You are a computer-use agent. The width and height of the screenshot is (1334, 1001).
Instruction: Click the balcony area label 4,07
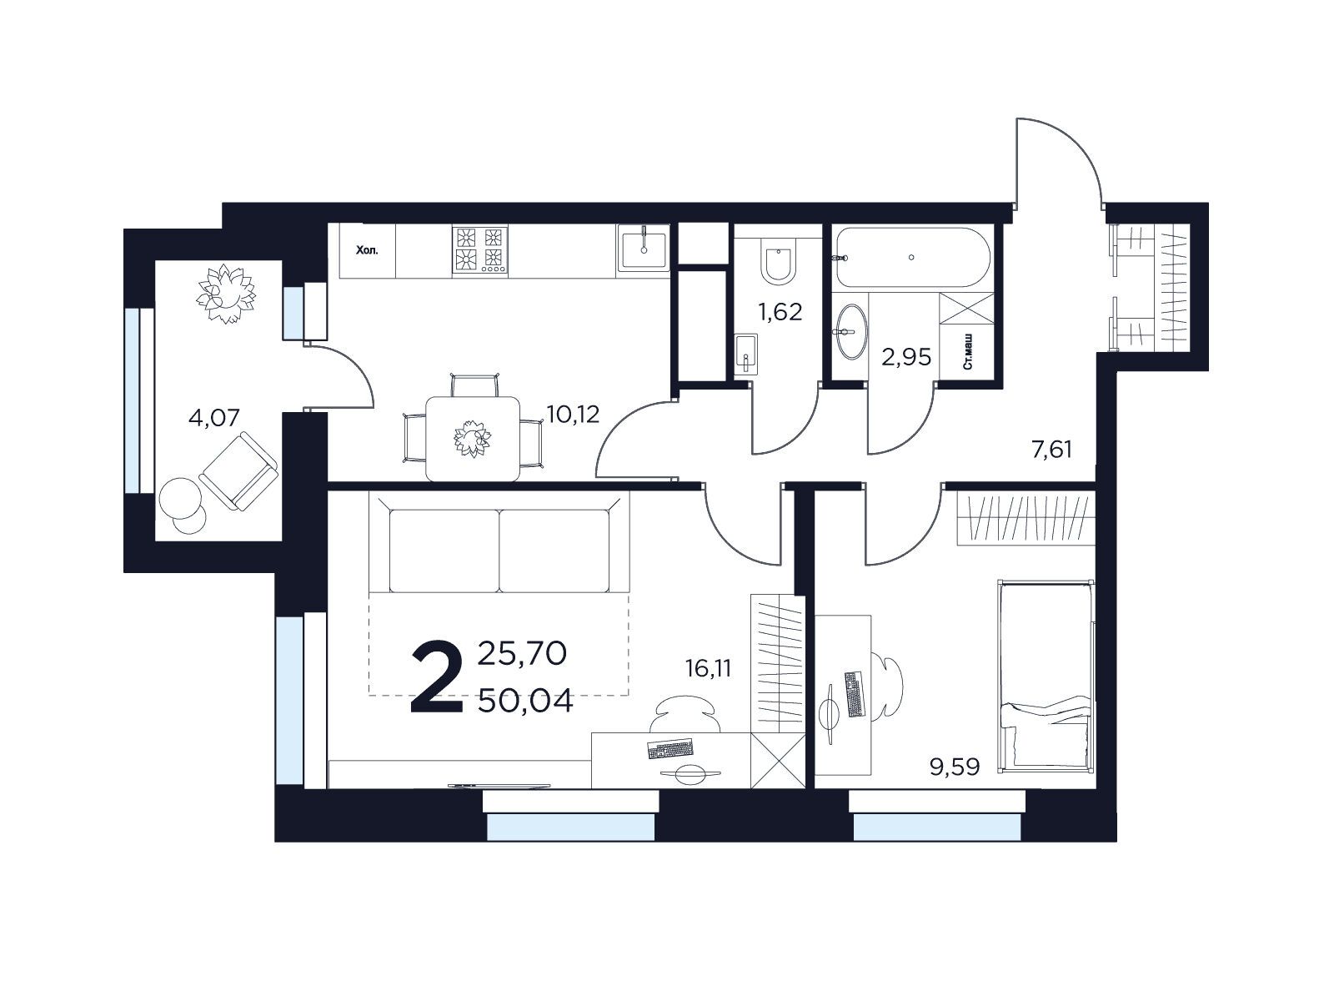tap(214, 418)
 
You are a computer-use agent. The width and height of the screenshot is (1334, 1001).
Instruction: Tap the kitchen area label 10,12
tap(573, 415)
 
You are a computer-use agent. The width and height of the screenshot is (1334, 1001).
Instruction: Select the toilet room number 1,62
tap(780, 312)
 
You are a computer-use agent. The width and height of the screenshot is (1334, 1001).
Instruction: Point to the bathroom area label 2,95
tap(906, 357)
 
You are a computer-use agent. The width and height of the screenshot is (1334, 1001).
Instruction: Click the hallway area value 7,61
tap(1052, 450)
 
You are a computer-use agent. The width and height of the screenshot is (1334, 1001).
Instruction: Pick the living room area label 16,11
tap(708, 668)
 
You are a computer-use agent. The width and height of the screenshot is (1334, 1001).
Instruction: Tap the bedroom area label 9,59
tap(955, 767)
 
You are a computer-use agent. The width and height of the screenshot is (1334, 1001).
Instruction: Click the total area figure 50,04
tap(526, 702)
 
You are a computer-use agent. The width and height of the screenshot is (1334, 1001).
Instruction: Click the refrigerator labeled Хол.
tap(367, 250)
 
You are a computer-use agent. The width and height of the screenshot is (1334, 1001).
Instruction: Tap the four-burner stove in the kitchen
tap(480, 250)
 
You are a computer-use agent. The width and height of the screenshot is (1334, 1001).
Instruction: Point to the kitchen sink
tap(643, 248)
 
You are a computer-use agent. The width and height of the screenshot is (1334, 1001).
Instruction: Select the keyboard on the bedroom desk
tap(854, 693)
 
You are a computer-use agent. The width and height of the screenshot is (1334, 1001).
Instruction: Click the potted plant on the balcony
tap(225, 294)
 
